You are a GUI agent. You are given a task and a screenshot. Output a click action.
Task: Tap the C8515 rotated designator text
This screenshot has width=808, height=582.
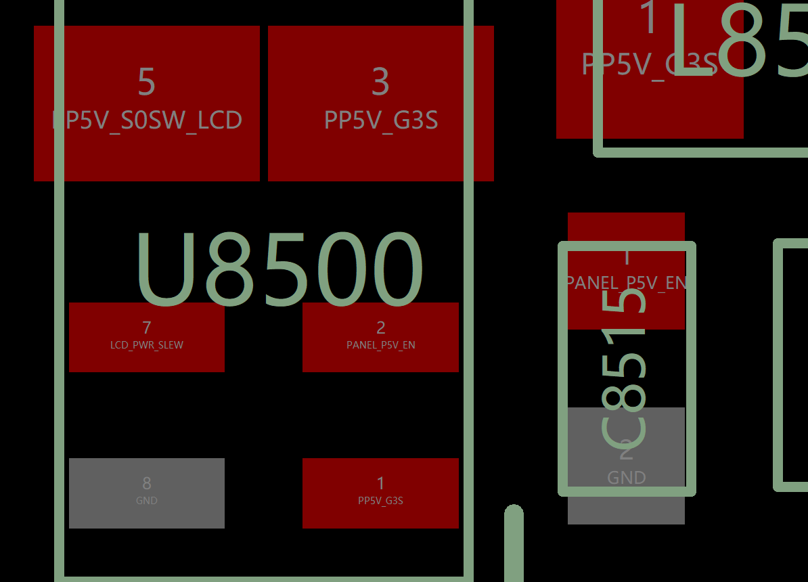point(625,369)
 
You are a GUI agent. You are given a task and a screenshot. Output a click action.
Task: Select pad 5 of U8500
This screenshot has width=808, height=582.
point(147,103)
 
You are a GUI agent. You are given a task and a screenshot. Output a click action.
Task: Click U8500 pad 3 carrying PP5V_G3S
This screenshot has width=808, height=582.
point(380,103)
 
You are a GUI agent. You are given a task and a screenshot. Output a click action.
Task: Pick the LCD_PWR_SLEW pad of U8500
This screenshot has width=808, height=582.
point(147,337)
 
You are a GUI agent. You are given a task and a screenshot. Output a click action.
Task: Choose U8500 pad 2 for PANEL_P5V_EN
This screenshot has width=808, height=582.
point(380,337)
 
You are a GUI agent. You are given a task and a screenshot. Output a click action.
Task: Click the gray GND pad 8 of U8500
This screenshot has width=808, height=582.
point(147,493)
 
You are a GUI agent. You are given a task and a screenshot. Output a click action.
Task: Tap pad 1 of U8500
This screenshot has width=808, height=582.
point(380,493)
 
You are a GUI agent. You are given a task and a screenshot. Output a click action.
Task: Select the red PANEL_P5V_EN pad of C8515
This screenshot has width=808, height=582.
point(626,271)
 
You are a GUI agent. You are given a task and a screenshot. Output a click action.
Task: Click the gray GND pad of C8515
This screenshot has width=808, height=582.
point(626,466)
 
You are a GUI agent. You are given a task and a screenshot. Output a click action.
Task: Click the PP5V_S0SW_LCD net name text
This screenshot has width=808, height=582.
point(147,120)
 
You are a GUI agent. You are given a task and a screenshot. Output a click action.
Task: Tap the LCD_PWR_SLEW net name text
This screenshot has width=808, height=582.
point(147,345)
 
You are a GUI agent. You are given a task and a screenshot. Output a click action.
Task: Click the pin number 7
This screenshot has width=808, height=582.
point(147,328)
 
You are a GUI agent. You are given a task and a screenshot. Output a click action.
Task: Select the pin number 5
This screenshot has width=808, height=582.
point(147,81)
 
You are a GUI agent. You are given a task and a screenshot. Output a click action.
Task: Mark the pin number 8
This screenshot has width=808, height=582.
point(147,483)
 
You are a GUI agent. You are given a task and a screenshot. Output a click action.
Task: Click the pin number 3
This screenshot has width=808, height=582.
point(380,81)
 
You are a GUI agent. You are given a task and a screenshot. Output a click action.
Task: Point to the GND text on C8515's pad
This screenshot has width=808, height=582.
point(626,478)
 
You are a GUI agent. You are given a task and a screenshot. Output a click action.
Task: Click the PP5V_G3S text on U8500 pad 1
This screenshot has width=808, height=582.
point(380,501)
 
